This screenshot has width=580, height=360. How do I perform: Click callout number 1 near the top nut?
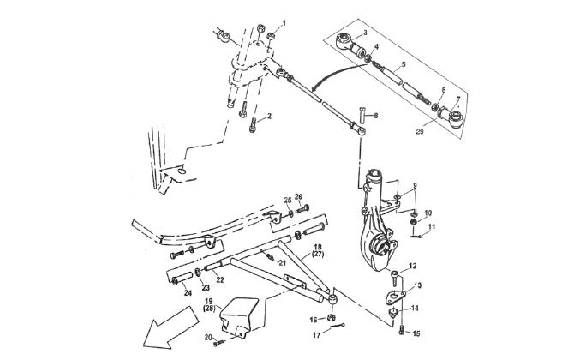(284, 23)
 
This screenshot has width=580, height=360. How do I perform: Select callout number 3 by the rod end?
(365, 33)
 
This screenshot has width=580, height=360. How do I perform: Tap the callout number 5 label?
(404, 64)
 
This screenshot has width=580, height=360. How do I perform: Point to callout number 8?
(376, 116)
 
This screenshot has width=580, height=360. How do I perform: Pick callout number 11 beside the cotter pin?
(432, 226)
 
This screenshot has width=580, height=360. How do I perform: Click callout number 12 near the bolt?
(413, 266)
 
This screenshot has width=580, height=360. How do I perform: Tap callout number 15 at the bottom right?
(416, 333)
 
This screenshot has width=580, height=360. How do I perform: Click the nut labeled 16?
(332, 317)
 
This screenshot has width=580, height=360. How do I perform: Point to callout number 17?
(317, 335)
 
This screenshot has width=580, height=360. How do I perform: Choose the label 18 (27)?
(318, 250)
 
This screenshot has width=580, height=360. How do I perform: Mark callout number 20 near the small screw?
(209, 337)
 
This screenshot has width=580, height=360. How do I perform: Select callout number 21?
(283, 263)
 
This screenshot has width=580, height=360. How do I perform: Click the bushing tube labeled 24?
(182, 279)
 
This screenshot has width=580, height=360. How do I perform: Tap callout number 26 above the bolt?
(298, 196)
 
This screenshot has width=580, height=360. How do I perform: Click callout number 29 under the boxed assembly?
(420, 131)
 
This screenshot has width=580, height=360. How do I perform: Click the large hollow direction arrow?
(170, 327)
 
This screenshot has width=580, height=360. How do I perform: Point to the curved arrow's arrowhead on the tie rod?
(314, 89)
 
